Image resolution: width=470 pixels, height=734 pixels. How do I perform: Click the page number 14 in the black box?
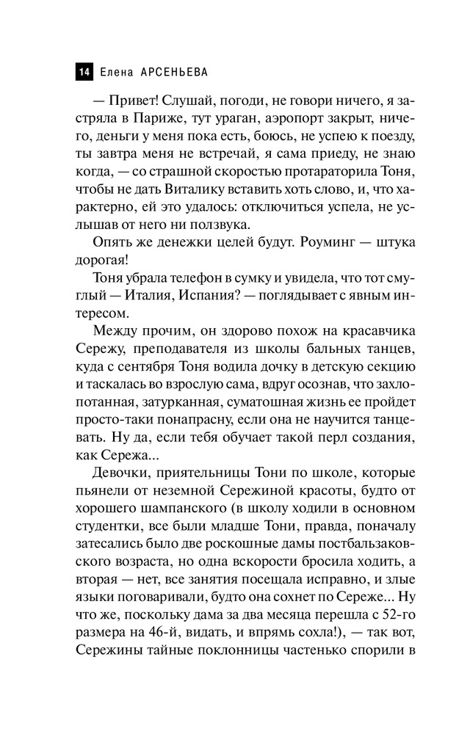[x=83, y=71]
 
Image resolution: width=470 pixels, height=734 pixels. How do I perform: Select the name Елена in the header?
[x=112, y=71]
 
